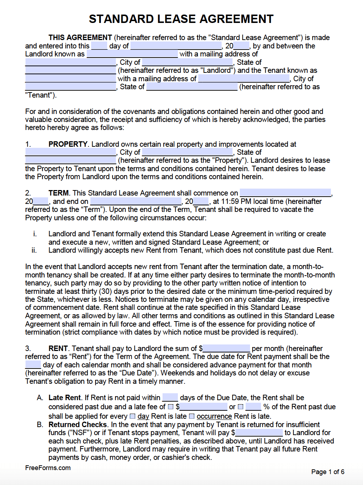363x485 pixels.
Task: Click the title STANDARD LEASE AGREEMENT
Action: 181,19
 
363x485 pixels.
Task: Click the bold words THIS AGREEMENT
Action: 80,38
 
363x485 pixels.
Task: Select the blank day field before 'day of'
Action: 99,46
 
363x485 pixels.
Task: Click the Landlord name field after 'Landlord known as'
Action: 132,54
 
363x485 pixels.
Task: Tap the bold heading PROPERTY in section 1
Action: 68,144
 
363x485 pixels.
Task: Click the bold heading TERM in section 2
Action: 58,193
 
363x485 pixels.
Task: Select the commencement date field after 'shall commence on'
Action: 285,193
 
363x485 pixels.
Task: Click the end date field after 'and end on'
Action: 136,201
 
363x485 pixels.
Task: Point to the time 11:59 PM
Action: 236,201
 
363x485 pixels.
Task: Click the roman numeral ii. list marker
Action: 34,250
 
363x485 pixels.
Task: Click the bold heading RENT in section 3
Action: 58,348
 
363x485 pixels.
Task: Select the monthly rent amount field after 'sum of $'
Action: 226,348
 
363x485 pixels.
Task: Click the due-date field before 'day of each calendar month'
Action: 33,365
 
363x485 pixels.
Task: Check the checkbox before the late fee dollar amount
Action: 171,407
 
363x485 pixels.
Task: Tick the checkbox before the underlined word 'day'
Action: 133,416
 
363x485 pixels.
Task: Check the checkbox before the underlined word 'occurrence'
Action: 192,416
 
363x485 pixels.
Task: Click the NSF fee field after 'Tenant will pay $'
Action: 259,433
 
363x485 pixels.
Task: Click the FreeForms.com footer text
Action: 48,468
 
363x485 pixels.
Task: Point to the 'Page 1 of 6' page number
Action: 328,472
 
